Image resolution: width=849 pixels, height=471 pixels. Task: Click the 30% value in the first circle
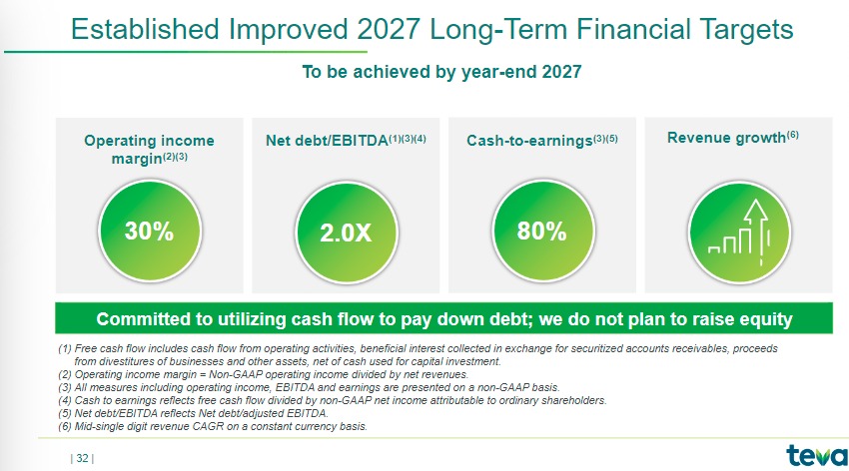coord(149,231)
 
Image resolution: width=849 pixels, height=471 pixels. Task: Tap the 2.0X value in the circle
coord(346,234)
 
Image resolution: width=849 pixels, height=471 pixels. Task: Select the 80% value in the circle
coord(541,231)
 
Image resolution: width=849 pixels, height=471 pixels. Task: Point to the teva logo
coord(817,456)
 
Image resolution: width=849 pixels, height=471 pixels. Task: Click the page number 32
coord(82,459)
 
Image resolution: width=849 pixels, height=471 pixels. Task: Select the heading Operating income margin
coord(150,149)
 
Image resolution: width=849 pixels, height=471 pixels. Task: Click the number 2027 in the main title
coord(389,29)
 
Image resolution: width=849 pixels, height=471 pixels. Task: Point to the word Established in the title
coord(145,29)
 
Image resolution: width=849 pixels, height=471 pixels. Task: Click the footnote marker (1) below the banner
coord(65,349)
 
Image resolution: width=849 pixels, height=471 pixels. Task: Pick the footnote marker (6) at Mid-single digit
coord(65,427)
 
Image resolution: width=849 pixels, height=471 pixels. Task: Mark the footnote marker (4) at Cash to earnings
coord(65,401)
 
